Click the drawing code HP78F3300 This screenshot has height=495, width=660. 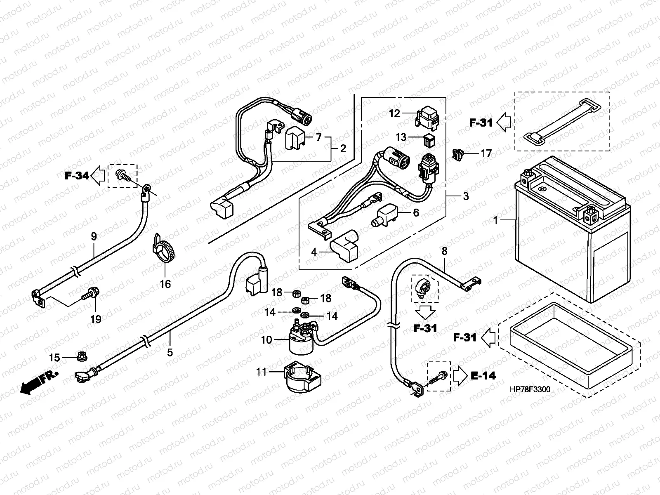tap(530, 390)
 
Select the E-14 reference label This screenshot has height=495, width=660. tap(483, 376)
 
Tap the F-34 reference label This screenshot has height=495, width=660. tap(77, 176)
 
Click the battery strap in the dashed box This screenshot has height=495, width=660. tap(561, 120)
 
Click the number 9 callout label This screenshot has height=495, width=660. tap(94, 237)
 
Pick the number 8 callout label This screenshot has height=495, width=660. tap(444, 251)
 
